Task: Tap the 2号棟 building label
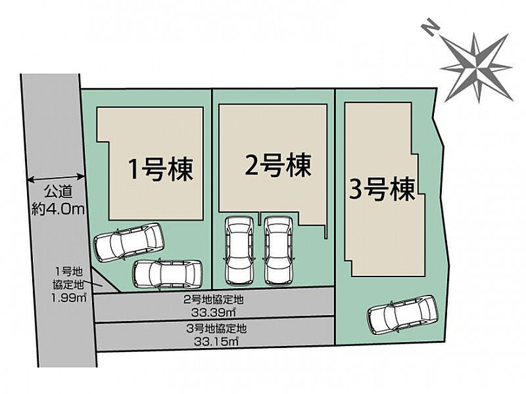tap(278, 165)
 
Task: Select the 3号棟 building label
tap(383, 189)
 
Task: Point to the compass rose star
tap(476, 68)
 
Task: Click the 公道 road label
tap(58, 192)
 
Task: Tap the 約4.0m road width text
tap(57, 209)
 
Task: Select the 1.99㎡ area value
tap(69, 297)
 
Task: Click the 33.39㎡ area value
tap(213, 313)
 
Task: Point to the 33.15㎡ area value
tap(216, 341)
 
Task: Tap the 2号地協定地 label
tap(214, 299)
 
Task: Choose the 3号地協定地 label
tap(216, 328)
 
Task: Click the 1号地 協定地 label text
tap(68, 277)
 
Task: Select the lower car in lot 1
tap(168, 274)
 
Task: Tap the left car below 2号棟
tap(239, 251)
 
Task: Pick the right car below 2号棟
tap(278, 251)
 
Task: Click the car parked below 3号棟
tap(402, 315)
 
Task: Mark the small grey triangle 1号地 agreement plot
tap(104, 282)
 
